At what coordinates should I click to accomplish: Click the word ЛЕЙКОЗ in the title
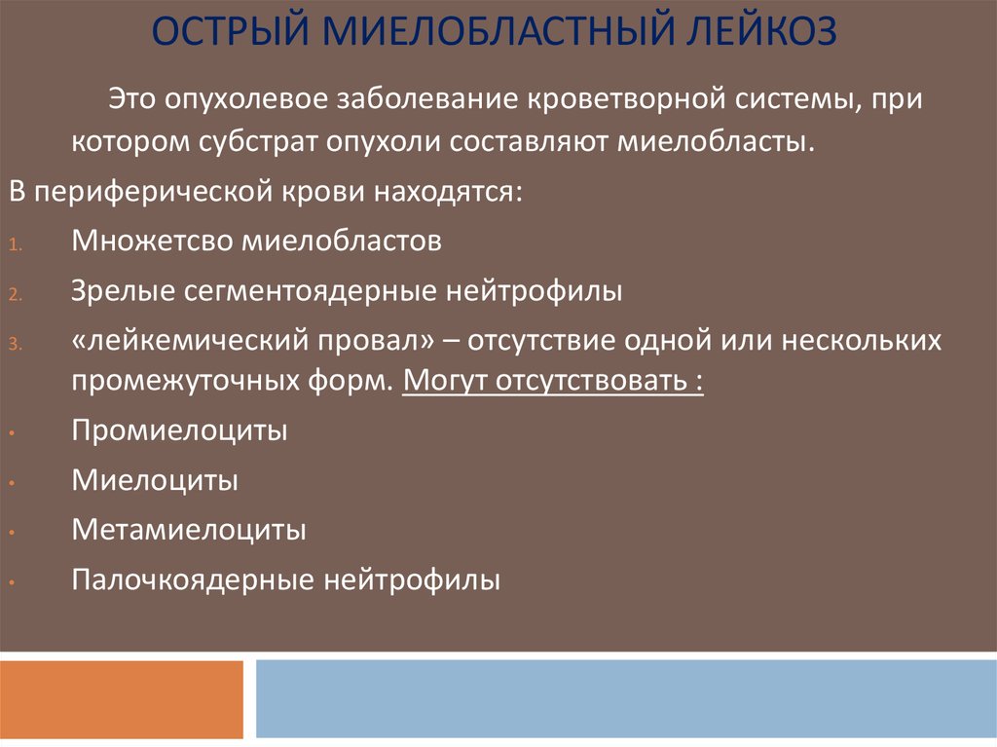761,30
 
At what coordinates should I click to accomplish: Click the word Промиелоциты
179,430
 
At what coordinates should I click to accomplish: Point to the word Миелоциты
155,480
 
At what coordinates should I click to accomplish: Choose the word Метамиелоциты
189,530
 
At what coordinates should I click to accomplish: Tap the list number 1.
16,245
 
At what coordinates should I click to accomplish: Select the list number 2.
16,294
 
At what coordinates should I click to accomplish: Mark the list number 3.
16,344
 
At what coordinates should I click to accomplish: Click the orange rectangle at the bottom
122,699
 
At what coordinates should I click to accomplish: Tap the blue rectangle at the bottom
626,698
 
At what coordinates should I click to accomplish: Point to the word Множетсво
152,242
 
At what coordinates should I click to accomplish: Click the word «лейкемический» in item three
190,341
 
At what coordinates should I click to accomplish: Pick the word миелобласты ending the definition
716,141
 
